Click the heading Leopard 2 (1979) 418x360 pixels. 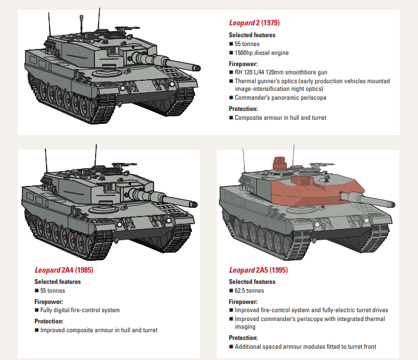tap(254, 23)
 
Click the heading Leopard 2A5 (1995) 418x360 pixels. tap(259, 270)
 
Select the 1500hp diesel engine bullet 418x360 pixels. tap(262, 53)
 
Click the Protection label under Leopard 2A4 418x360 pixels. tap(48, 321)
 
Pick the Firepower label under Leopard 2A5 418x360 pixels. tap(244, 302)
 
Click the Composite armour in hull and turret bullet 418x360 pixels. tap(280, 118)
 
